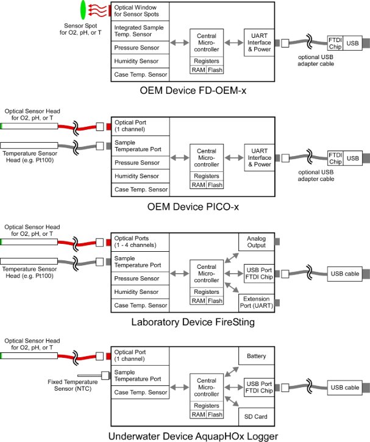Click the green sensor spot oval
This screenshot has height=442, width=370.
[83, 9]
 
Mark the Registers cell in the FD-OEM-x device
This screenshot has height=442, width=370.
[206, 62]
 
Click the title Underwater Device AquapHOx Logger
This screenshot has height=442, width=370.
[194, 435]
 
